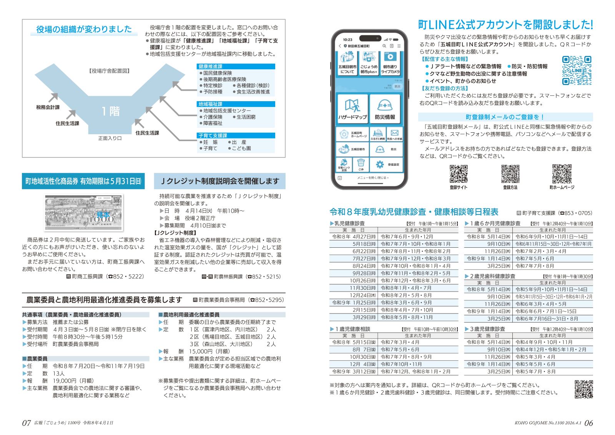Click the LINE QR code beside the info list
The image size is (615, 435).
[x=576, y=70]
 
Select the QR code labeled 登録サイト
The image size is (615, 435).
[x=459, y=174]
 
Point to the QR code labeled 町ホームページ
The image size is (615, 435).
[x=562, y=174]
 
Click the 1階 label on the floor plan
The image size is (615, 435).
[x=110, y=112]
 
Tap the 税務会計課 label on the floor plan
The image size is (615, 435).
[x=48, y=107]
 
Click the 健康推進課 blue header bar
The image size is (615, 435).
[x=236, y=67]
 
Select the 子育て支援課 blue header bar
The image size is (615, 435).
[x=236, y=135]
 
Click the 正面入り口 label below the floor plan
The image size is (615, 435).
[x=110, y=138]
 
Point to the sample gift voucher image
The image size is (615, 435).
[x=83, y=213]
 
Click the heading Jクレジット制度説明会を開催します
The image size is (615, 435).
[x=219, y=181]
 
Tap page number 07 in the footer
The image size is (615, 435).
[x=26, y=423]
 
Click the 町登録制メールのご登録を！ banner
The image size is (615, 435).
[x=505, y=117]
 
